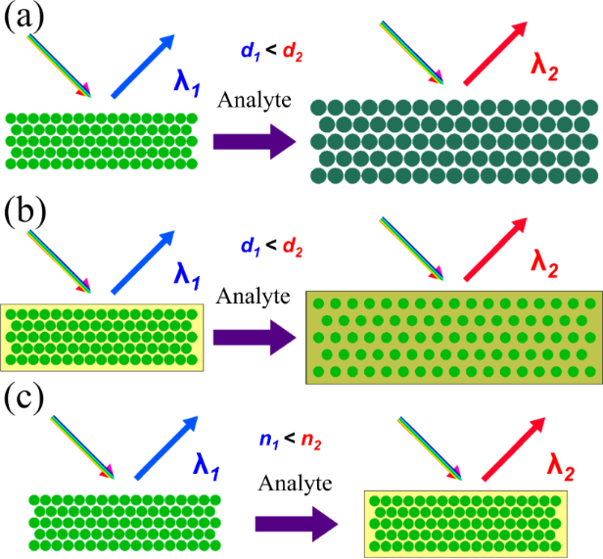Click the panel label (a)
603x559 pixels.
point(22,18)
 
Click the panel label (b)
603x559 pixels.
point(23,213)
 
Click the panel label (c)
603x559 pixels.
point(22,399)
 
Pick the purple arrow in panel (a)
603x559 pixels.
point(254,141)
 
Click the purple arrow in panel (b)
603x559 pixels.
point(254,338)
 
